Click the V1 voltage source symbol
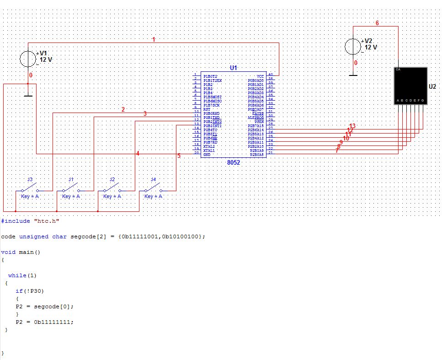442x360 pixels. [28, 59]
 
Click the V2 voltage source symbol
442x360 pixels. [353, 47]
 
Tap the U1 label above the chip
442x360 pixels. [233, 68]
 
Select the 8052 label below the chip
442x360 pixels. [233, 162]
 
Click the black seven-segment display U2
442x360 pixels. [410, 86]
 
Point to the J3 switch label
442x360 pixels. [30, 179]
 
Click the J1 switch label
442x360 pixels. [71, 179]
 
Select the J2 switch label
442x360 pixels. [112, 179]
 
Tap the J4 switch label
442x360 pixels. [153, 179]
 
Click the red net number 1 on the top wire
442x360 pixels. [154, 40]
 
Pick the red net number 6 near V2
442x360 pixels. [377, 23]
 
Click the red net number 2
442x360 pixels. [123, 109]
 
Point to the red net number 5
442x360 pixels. [179, 156]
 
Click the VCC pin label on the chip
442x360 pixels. [260, 76]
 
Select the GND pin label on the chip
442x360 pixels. [207, 155]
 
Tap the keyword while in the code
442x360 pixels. [17, 275]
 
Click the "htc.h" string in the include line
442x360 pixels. [47, 221]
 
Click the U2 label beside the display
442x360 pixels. [432, 86]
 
